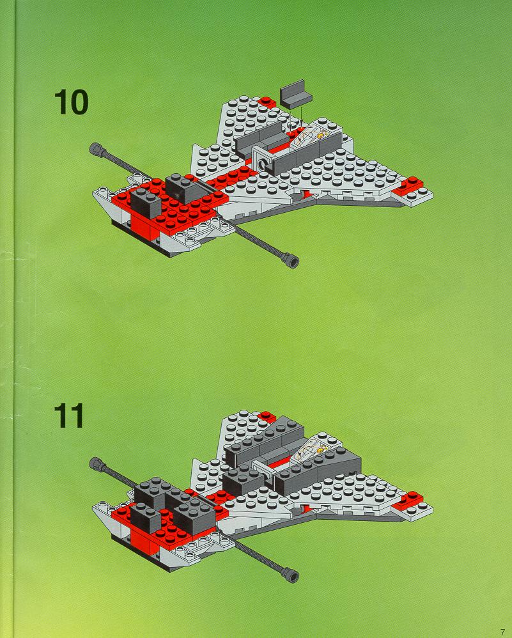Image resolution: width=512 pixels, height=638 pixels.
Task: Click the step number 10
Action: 71,102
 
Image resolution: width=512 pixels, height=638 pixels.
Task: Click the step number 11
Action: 69,416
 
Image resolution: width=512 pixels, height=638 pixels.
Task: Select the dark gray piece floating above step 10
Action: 295,95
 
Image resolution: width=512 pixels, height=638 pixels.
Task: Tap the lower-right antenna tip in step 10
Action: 292,260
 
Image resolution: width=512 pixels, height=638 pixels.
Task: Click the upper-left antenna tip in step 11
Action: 96,463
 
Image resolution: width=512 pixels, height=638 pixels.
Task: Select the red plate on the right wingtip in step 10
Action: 408,187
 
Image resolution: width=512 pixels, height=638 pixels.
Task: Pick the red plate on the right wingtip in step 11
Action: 408,501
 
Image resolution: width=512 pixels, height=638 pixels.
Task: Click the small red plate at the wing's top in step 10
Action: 267,102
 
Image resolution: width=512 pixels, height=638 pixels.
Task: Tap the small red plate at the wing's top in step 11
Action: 267,417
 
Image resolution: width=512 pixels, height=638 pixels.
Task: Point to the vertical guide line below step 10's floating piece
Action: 301,114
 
